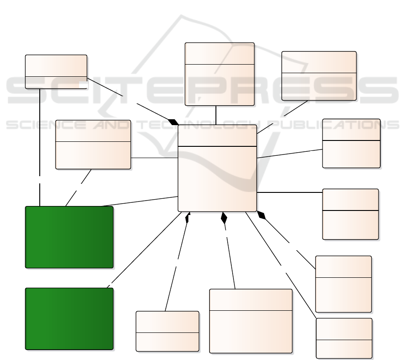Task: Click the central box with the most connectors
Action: click(x=217, y=178)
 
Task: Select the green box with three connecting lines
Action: click(x=69, y=237)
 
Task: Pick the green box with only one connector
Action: click(x=69, y=318)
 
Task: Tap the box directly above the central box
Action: click(x=220, y=75)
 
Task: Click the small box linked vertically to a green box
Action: click(x=56, y=71)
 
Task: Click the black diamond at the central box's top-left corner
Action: click(x=173, y=122)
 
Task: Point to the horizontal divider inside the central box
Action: click(x=217, y=146)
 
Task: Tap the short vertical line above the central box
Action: click(x=216, y=115)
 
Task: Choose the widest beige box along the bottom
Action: click(x=251, y=321)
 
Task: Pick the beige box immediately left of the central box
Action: click(x=93, y=145)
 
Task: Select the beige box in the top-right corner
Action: click(x=319, y=75)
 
